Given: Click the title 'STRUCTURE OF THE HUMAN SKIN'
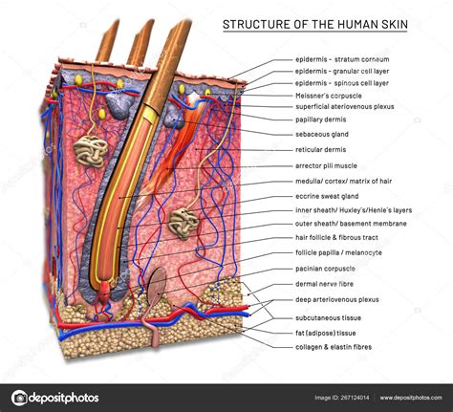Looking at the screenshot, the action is point(315,25).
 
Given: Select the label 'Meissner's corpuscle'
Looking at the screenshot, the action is point(329,96).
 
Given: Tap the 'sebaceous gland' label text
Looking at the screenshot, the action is point(322,134).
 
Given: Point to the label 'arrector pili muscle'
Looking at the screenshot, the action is point(326,165).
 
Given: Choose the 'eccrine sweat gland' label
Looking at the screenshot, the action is point(327,196).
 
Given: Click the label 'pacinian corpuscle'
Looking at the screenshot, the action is point(325,269).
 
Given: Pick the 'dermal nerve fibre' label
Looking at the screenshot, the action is point(324,284).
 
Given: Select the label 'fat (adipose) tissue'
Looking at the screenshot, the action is point(326,333).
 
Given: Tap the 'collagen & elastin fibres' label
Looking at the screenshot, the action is point(334,347).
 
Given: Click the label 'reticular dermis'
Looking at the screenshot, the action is point(320,149).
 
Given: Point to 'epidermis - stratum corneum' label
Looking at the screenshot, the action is point(342,59).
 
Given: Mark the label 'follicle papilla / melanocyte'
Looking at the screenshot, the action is point(338,252).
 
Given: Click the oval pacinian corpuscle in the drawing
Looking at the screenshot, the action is point(158,286).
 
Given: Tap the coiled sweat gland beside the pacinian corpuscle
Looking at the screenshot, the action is point(183,223).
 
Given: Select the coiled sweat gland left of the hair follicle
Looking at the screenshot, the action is point(91,151).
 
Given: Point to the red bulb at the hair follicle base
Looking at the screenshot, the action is point(105,292).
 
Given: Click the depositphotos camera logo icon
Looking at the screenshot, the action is point(19,398).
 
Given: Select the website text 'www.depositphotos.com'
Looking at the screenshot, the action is point(411,398).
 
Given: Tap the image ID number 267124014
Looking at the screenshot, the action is point(355,398).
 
